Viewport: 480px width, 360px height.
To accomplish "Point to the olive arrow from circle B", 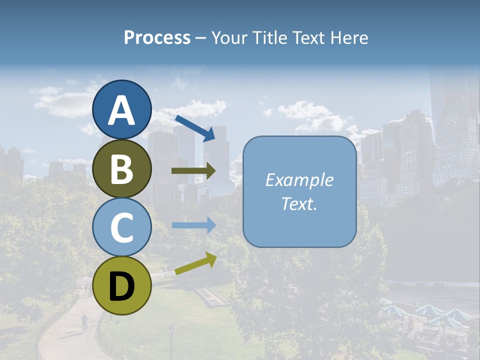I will point(193,171).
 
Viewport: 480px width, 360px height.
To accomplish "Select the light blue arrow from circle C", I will point(193,225).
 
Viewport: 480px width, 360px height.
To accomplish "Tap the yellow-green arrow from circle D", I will point(195,264).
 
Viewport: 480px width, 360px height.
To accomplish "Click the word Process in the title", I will point(157,38).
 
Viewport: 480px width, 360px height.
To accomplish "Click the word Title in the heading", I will point(269,38).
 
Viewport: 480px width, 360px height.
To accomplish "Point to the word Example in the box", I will point(299,180).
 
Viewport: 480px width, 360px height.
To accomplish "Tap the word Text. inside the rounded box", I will point(299,203).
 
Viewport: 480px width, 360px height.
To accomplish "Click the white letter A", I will point(121,111).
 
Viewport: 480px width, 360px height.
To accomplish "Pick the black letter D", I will point(121,286).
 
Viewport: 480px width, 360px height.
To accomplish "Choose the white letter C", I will point(121,227).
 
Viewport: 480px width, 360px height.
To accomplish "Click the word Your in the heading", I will point(230,38).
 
